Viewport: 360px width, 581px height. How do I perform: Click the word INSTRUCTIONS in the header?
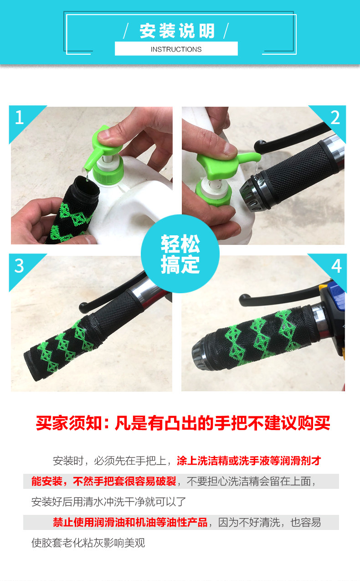176,49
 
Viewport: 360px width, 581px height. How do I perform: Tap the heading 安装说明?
177,31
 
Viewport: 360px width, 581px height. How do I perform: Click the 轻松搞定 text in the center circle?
180,254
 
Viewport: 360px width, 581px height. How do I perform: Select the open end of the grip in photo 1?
87,187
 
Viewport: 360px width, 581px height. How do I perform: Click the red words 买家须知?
68,423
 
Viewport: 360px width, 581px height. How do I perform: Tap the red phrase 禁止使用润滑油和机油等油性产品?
130,522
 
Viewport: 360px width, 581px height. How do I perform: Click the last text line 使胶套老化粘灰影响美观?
88,543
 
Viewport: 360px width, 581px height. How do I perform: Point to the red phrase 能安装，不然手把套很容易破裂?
104,481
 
